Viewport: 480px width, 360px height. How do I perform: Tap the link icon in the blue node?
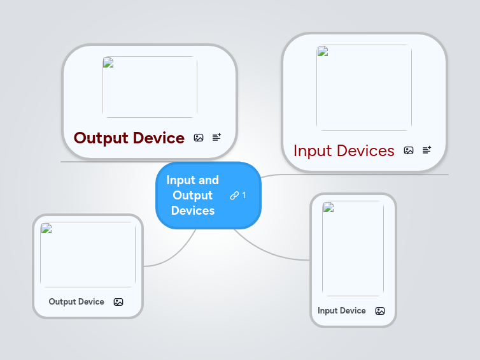click(234, 196)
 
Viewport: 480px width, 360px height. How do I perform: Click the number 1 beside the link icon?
click(244, 195)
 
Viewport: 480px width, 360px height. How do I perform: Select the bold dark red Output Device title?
click(129, 138)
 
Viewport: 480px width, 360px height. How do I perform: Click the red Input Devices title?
click(344, 150)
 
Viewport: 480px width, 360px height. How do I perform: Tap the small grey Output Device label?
click(76, 302)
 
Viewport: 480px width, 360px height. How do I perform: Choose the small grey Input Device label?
click(342, 311)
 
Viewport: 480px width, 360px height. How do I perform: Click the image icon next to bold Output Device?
click(199, 138)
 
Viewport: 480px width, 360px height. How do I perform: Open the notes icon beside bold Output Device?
click(216, 137)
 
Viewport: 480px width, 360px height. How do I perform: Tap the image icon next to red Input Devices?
click(409, 150)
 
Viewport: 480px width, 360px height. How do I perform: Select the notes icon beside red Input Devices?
click(427, 150)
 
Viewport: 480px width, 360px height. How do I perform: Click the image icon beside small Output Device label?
click(118, 302)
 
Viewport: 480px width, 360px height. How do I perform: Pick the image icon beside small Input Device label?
click(380, 311)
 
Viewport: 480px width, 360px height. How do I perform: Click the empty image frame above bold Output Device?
click(150, 87)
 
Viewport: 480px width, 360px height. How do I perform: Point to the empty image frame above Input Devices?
click(364, 87)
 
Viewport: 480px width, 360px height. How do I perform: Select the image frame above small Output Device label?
click(88, 254)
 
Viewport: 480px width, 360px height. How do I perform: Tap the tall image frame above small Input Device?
click(353, 248)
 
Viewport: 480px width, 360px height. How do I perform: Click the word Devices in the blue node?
click(193, 210)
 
